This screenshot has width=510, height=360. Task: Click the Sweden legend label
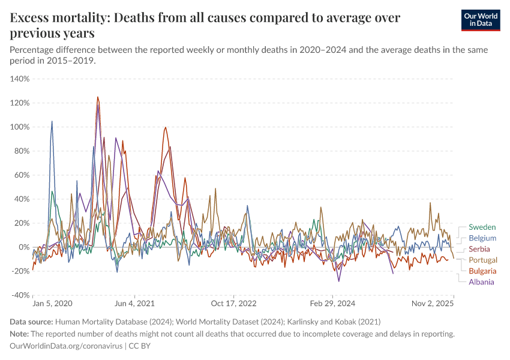coord(482,227)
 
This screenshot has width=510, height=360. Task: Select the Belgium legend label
coord(482,238)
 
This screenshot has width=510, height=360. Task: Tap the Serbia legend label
coord(479,249)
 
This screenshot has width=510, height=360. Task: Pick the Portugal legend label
coord(483,260)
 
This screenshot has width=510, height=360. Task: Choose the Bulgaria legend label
coord(482,271)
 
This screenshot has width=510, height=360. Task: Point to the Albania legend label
coord(482,281)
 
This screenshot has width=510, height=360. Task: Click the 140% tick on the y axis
coord(20,79)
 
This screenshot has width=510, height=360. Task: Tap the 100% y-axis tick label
coord(20,127)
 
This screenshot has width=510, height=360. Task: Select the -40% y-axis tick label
coord(20,295)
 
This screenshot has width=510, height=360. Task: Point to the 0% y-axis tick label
coord(24,247)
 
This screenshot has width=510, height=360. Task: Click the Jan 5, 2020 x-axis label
coord(52,304)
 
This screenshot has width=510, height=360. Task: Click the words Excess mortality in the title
coord(56,18)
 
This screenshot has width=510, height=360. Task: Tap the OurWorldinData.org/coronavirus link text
coord(65,346)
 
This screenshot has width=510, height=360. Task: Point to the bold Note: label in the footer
coord(20,334)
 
